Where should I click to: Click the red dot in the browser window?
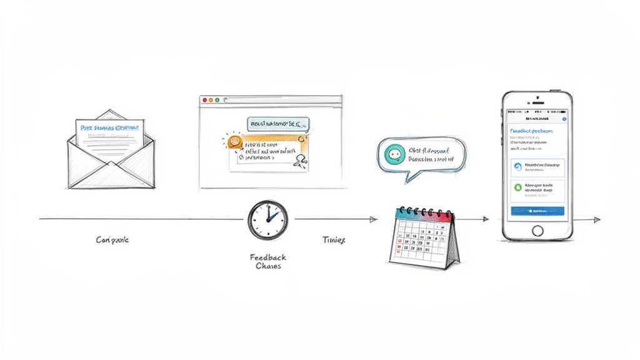point(204,100)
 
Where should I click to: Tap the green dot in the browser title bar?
point(217,100)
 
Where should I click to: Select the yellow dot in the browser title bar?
point(211,100)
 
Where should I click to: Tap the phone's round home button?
point(537,229)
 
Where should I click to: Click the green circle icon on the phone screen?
point(517,187)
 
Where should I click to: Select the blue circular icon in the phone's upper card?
point(517,166)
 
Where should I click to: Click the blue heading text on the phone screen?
point(531,131)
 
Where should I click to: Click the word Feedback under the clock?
point(267,257)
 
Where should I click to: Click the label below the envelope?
point(112,240)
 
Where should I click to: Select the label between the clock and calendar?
point(333,240)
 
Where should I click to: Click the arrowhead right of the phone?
point(597,220)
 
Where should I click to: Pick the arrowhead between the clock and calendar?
point(374,219)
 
